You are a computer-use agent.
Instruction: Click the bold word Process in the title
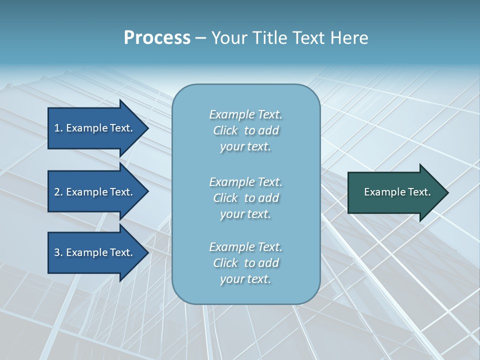click(157, 38)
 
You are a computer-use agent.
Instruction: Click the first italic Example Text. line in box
click(245, 114)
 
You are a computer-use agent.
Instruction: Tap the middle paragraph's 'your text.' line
click(245, 214)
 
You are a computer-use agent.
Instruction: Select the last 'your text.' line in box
click(245, 279)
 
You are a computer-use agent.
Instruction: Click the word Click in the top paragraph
click(225, 130)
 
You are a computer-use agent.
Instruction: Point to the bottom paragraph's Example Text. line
click(245, 247)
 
